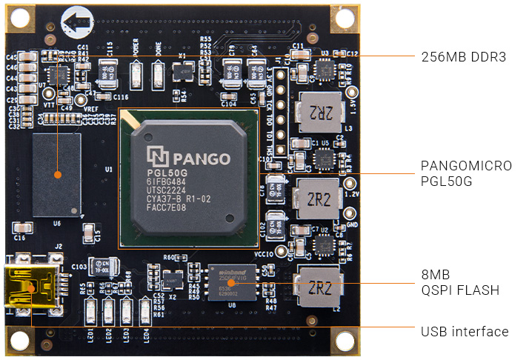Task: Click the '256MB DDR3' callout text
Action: click(463, 56)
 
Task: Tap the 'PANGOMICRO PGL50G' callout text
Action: click(465, 173)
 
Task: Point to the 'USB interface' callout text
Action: click(465, 332)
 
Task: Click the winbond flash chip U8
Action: click(230, 282)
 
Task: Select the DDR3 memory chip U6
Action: click(56, 175)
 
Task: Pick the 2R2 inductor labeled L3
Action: click(318, 113)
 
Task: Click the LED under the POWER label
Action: click(136, 74)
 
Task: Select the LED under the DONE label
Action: click(158, 74)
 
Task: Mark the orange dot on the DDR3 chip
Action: click(57, 175)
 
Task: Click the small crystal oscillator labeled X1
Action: click(181, 71)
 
